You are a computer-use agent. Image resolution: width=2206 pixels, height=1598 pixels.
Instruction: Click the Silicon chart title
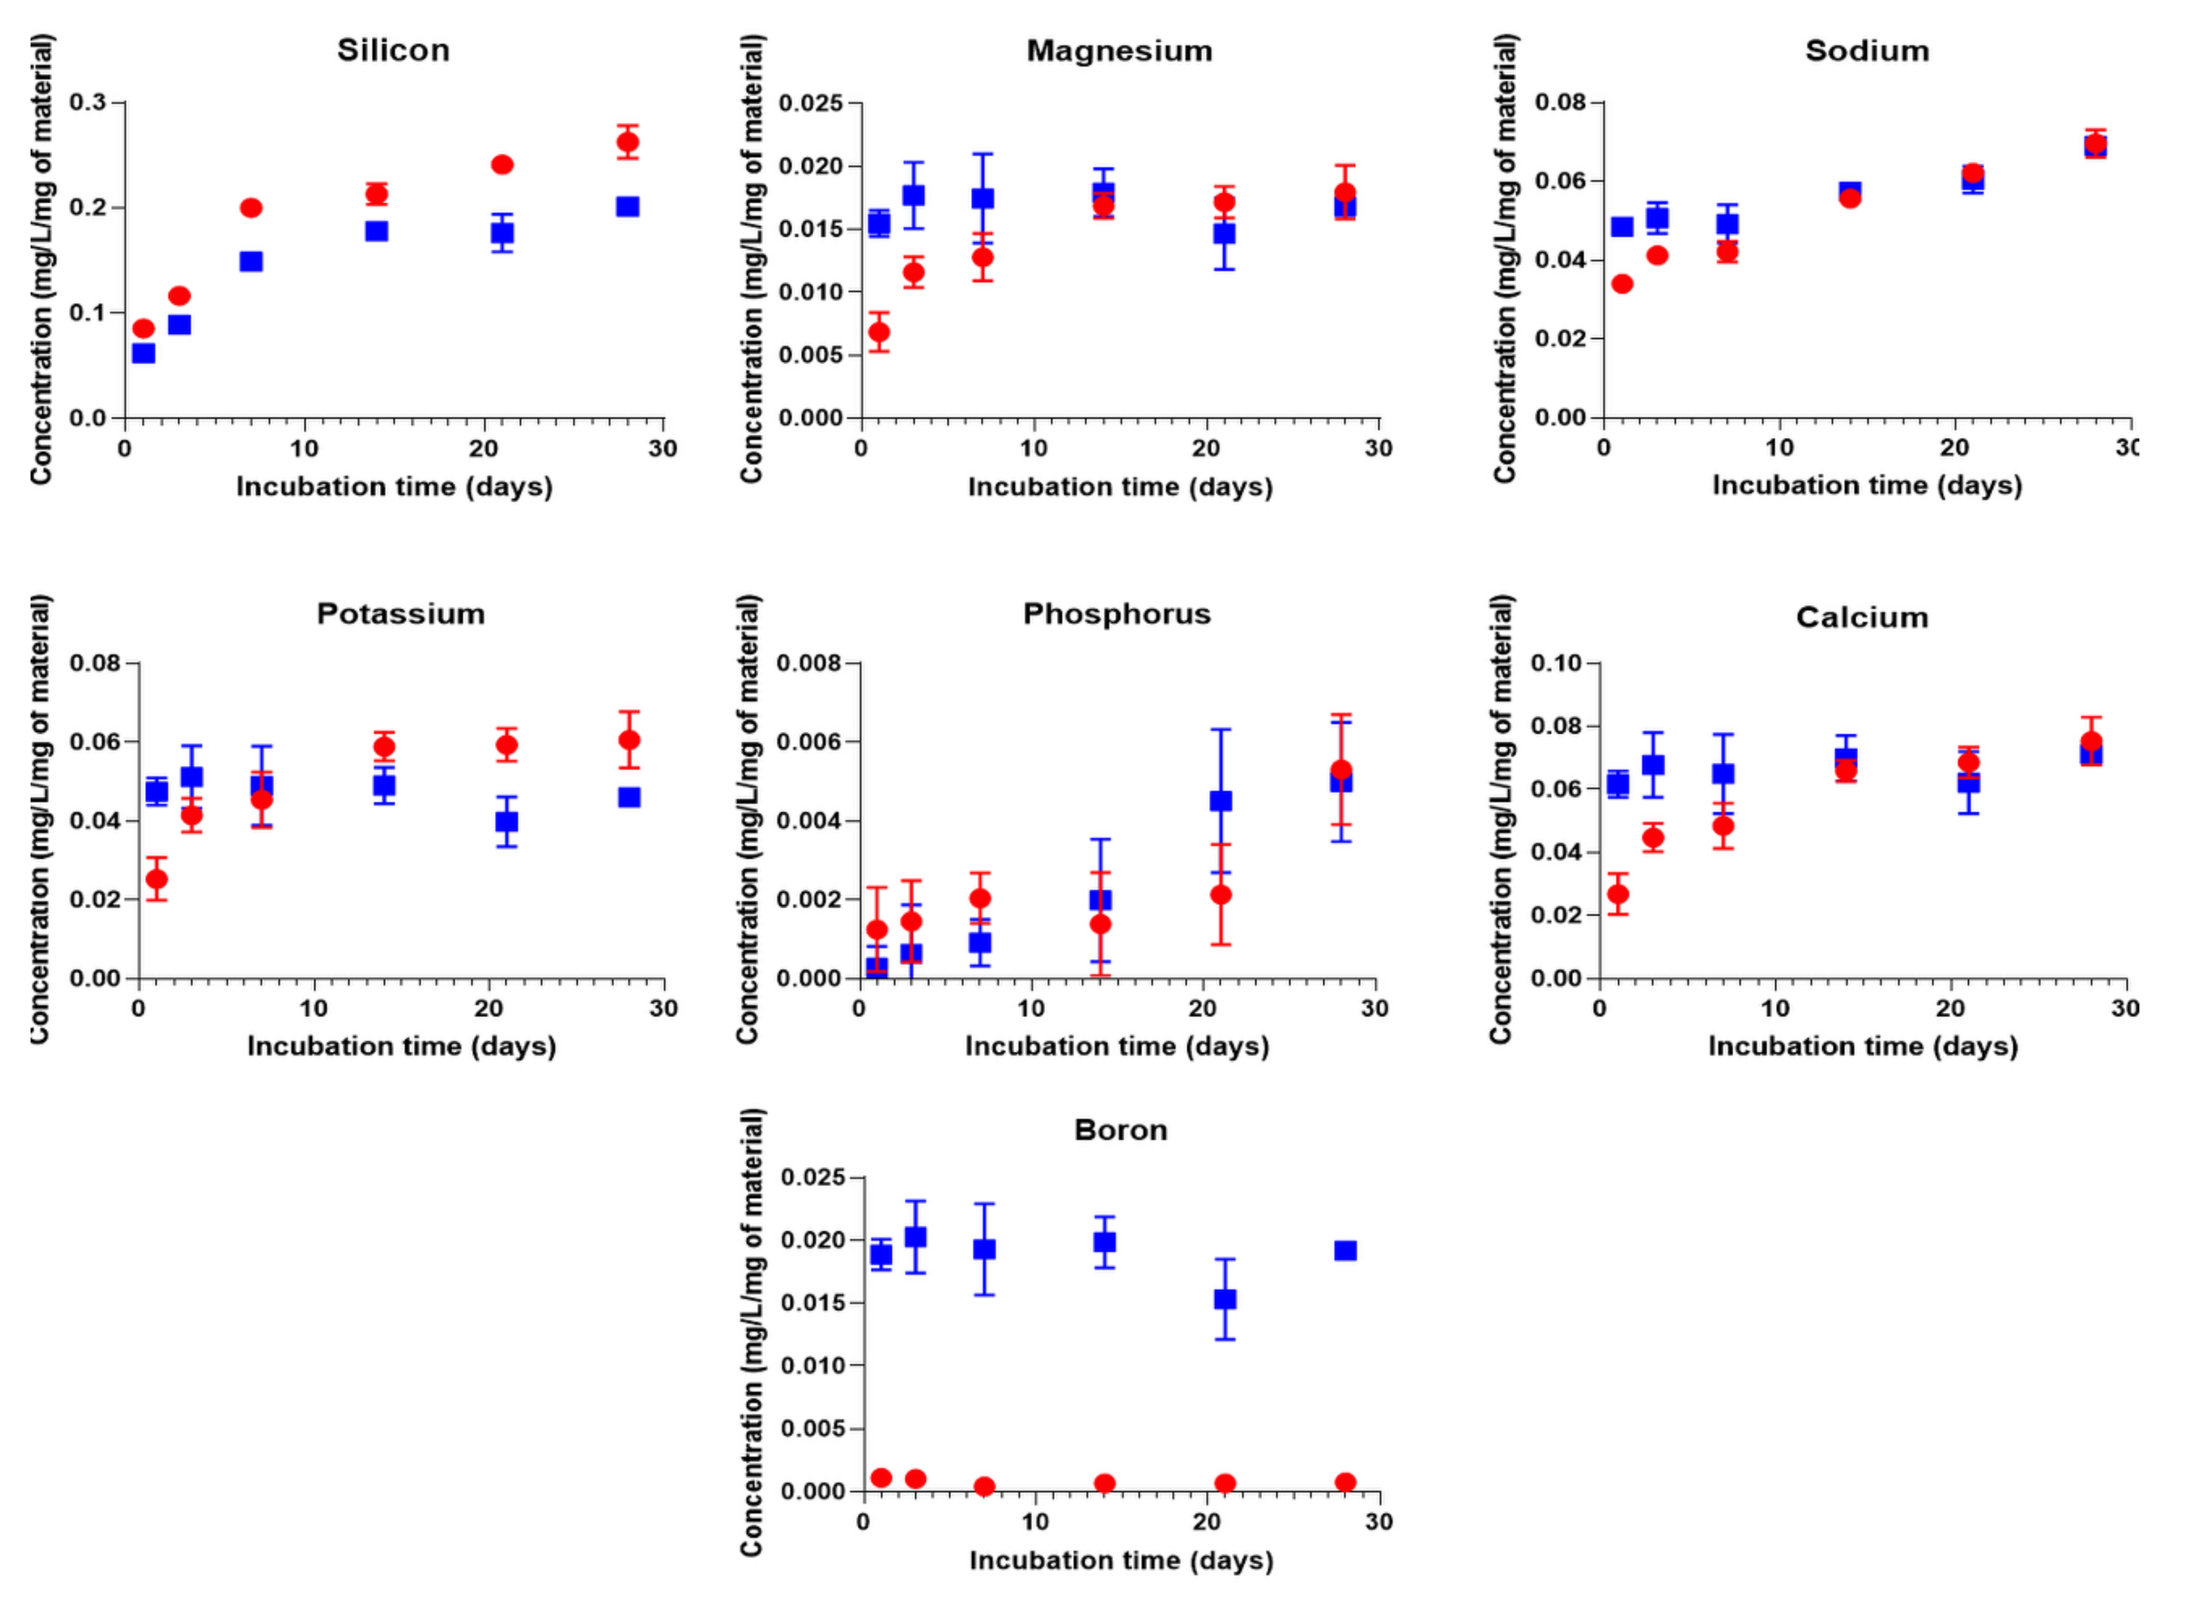393,51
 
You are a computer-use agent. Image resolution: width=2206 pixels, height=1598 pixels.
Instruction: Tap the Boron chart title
1121,1130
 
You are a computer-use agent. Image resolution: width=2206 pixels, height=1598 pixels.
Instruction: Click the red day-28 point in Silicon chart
628,142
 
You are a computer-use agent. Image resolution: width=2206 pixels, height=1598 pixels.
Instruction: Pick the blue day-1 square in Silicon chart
143,352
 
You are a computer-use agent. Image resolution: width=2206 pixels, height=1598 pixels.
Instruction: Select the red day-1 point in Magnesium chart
878,332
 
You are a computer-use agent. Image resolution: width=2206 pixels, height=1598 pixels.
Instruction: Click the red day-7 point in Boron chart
984,1486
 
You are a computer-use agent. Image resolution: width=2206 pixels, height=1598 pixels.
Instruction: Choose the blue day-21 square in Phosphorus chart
1221,800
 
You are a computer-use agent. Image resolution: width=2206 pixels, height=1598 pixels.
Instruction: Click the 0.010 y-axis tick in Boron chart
813,1366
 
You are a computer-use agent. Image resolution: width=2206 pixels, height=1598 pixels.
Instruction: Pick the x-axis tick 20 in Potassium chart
489,1009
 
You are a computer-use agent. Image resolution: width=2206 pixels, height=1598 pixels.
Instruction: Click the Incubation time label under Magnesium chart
1120,486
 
